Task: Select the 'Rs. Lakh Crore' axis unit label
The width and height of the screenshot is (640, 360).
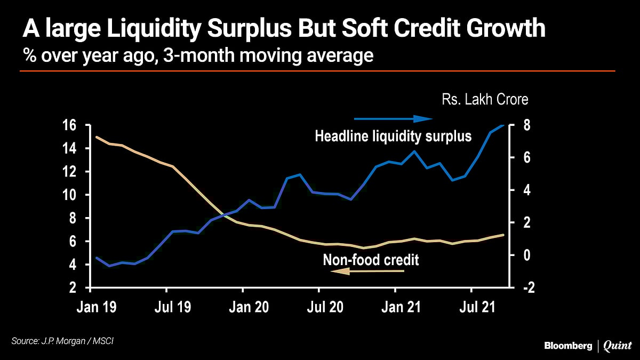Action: click(x=484, y=100)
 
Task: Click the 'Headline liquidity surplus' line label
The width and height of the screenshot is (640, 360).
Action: click(x=393, y=137)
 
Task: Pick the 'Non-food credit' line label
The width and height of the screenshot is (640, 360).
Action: click(x=371, y=260)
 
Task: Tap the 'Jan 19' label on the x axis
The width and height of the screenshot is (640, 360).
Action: click(x=90, y=307)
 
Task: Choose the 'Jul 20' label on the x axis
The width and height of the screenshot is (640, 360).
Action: click(x=318, y=307)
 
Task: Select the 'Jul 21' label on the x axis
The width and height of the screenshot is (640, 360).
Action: click(x=471, y=307)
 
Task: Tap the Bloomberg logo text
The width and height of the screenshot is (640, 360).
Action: click(x=568, y=346)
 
